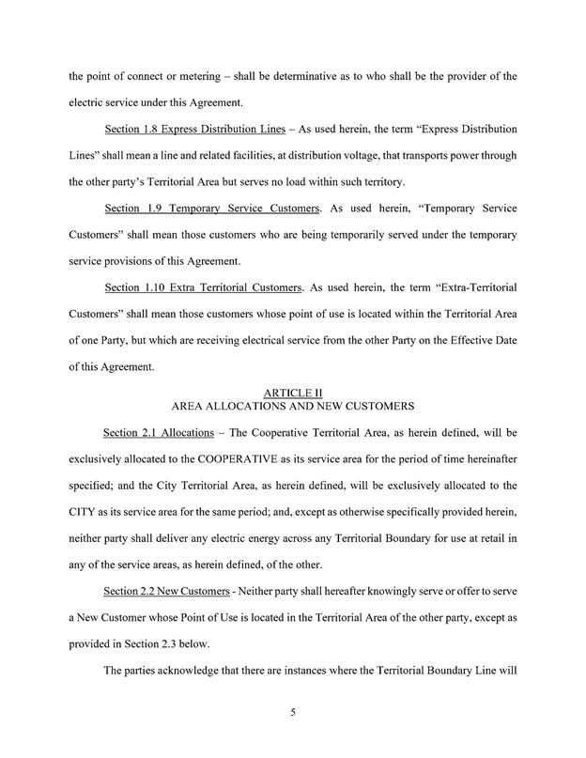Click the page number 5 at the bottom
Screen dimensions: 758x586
coord(293,711)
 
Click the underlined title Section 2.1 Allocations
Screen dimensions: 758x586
coord(147,460)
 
